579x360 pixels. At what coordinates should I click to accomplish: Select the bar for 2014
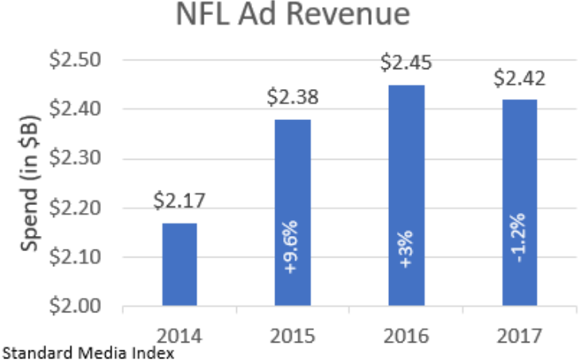[x=179, y=264]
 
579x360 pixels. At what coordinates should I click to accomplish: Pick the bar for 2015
[x=293, y=212]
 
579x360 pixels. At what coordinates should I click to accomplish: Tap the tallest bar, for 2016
[x=406, y=195]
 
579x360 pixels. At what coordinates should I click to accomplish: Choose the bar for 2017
[x=519, y=203]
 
